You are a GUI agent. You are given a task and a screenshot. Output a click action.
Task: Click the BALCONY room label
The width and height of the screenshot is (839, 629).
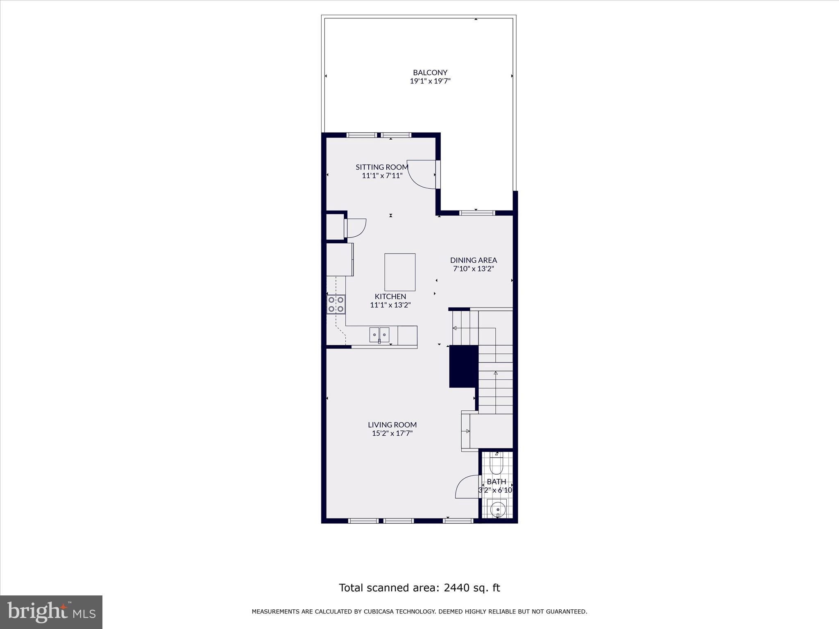430,72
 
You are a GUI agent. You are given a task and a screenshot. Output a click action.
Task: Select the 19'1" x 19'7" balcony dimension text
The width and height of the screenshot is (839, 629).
430,81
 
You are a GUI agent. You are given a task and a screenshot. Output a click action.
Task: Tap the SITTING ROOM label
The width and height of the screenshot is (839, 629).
382,167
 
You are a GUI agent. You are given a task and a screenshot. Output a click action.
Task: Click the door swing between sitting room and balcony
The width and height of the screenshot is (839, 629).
422,174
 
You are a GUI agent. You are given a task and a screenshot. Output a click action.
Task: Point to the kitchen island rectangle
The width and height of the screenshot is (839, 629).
399,272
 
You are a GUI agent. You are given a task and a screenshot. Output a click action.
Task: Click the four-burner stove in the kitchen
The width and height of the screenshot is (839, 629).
336,304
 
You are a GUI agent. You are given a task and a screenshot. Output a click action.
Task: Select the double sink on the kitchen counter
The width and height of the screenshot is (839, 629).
379,335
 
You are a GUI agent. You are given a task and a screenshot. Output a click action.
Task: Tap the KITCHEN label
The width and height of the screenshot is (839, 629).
390,296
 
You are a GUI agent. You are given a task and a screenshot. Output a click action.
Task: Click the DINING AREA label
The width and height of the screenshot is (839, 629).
473,260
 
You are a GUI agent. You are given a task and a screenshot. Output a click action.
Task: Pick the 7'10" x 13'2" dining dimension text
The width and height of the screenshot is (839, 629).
473,269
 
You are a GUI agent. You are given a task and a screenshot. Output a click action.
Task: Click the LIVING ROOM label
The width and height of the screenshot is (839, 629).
392,425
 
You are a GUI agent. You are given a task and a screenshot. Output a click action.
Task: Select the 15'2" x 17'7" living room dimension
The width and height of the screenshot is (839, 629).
392,434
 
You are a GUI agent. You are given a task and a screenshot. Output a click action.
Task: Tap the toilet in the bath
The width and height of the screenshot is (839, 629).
496,464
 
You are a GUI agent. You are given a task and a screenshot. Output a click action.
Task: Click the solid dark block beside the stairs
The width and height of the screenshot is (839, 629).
464,366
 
